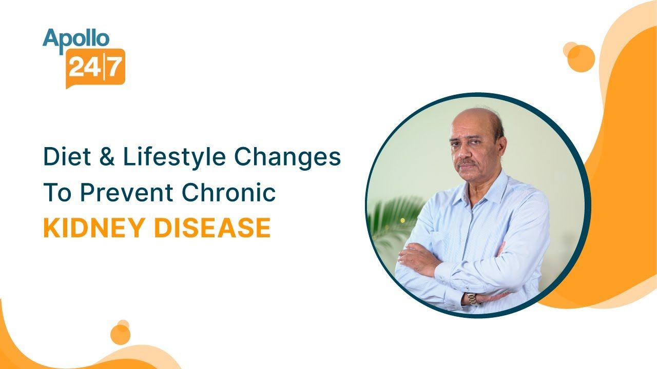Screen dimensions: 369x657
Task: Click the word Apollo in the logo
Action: point(76,38)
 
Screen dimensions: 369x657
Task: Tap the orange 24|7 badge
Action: point(95,66)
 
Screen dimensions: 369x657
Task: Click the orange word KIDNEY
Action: point(95,228)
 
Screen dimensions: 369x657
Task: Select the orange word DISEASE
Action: point(212,228)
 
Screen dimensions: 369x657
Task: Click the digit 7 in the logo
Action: point(114,67)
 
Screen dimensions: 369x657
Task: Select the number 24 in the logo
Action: point(83,67)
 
